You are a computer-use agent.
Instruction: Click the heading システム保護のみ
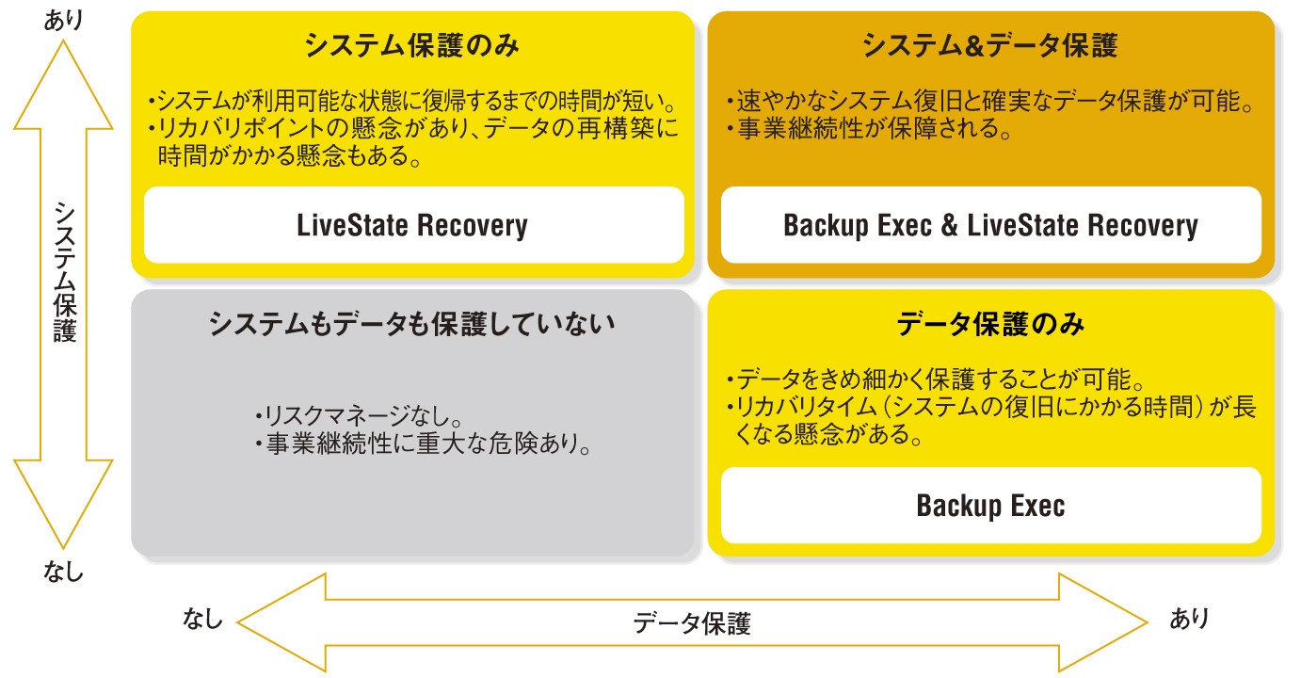412,45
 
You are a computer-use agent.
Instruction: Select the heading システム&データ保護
990,45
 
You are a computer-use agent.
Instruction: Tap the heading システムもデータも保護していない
412,325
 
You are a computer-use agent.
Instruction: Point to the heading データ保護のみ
990,325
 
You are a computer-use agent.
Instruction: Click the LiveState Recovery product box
412,226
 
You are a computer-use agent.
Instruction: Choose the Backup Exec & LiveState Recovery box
990,226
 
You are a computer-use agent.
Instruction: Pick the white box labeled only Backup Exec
990,506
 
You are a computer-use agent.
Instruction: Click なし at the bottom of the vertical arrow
63,571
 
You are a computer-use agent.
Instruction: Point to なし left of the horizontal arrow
203,619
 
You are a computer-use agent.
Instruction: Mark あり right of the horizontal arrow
1189,619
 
